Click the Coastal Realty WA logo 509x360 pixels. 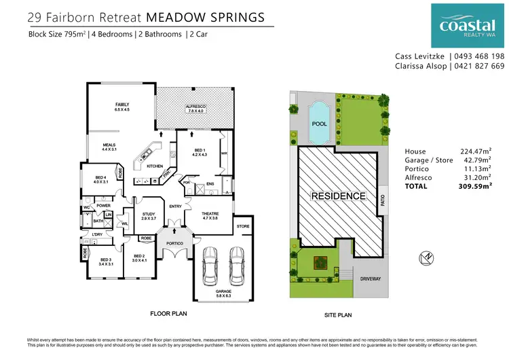pos(467,24)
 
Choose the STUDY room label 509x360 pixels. pos(149,216)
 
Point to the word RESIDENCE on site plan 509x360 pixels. pos(338,196)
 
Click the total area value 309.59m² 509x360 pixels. pos(474,185)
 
